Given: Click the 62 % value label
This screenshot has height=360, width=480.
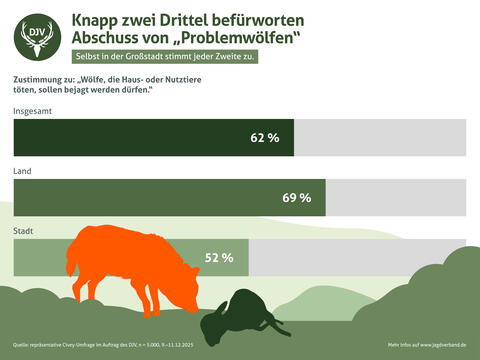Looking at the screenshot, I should (x=264, y=137).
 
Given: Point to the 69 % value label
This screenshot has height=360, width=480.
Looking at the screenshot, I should (x=297, y=197).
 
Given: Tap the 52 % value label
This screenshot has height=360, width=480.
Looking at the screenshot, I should (x=219, y=257).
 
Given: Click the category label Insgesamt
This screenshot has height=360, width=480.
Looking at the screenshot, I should (x=33, y=110).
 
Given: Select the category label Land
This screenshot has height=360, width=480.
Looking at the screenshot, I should (x=22, y=171).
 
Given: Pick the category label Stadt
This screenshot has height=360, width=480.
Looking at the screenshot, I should (x=24, y=231).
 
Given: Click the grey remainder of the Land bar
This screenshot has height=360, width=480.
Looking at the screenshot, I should (x=396, y=197).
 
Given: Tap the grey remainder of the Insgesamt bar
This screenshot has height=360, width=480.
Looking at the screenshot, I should (x=380, y=137).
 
